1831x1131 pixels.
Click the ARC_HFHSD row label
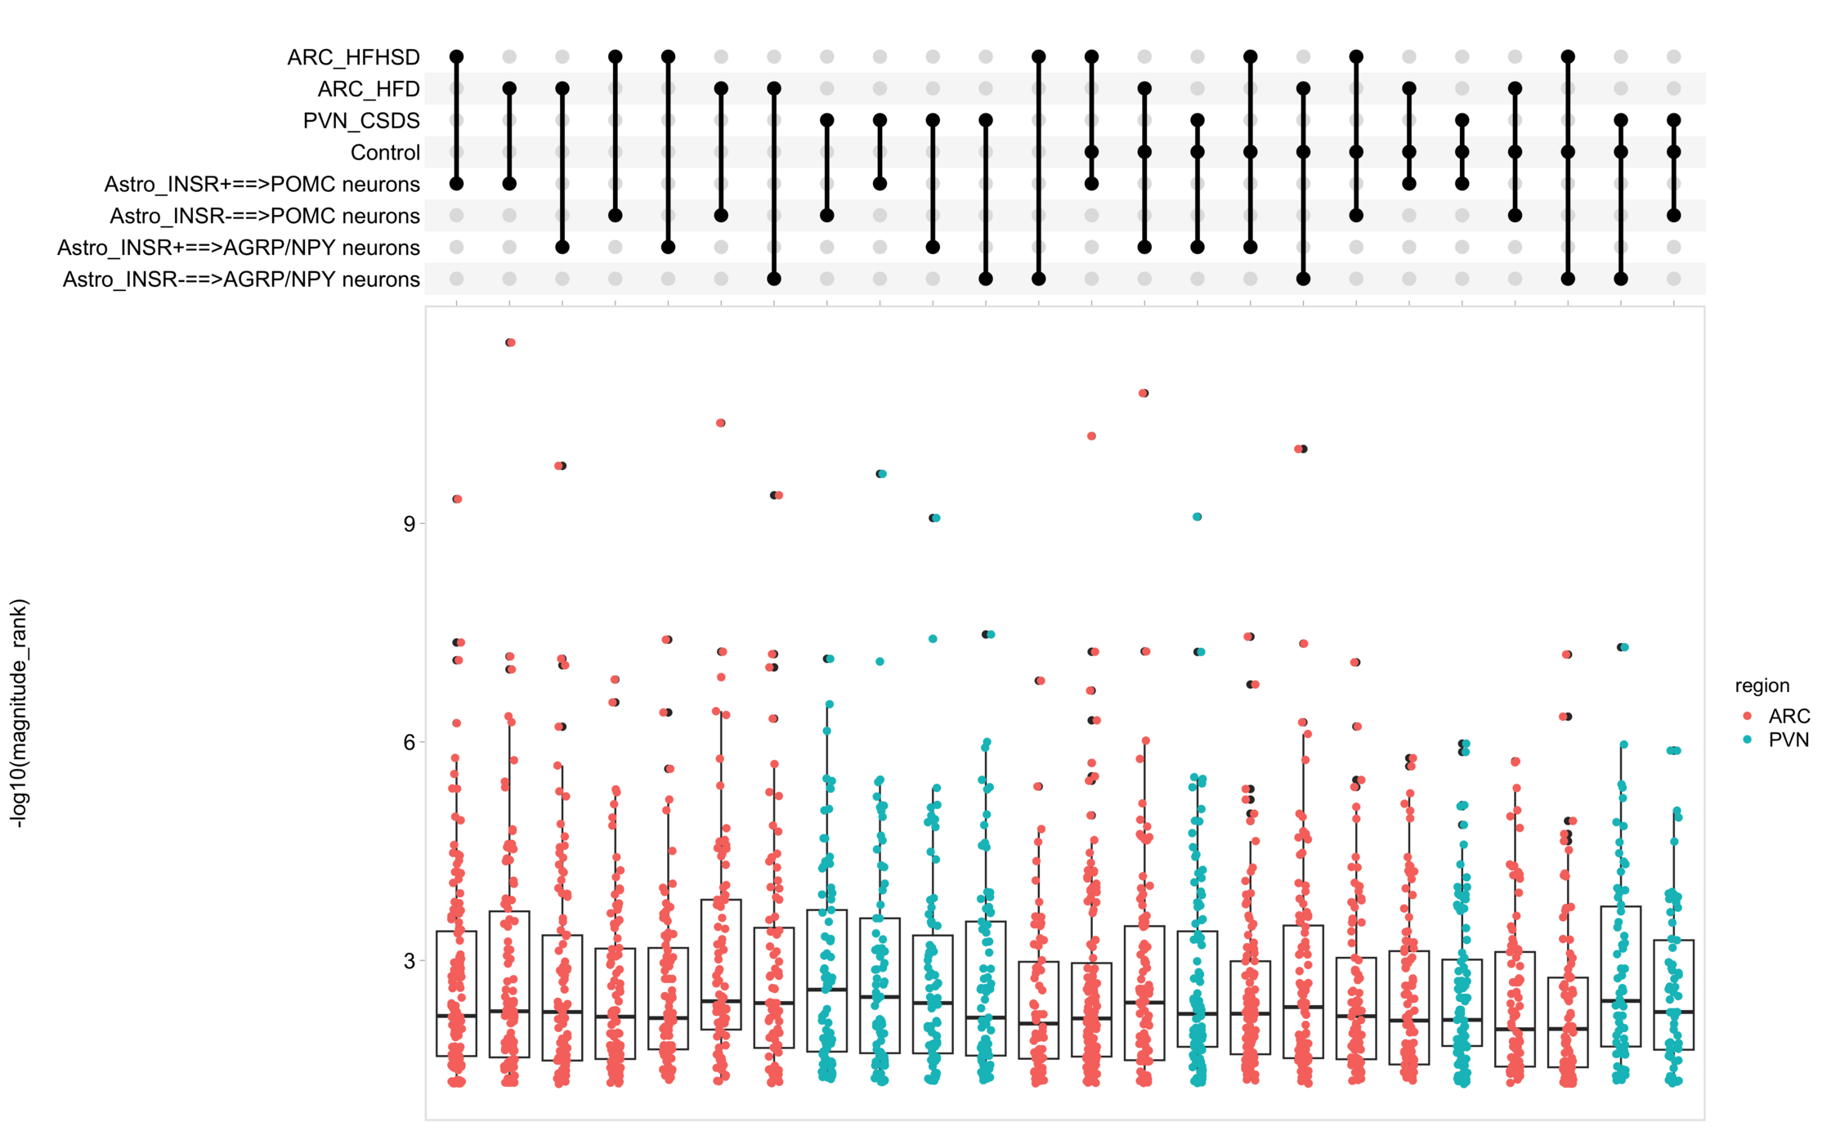(353, 57)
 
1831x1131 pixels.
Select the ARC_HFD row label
(369, 89)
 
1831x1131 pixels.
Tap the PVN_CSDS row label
(361, 121)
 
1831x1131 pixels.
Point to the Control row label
(385, 153)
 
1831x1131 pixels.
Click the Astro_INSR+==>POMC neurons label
(262, 185)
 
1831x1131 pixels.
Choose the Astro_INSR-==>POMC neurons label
(265, 217)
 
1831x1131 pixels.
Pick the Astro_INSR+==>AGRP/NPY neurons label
(239, 248)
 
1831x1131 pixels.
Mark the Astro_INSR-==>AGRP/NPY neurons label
(241, 279)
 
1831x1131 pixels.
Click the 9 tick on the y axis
(410, 524)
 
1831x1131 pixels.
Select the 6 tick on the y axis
(410, 742)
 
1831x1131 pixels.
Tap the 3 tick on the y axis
(410, 961)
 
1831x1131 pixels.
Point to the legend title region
(1762, 686)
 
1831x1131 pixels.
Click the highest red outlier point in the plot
(511, 342)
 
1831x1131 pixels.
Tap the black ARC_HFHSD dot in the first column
(457, 57)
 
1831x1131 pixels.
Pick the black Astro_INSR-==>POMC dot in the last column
(1674, 216)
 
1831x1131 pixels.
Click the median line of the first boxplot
(457, 1016)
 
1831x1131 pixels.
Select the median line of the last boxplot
(1674, 1012)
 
